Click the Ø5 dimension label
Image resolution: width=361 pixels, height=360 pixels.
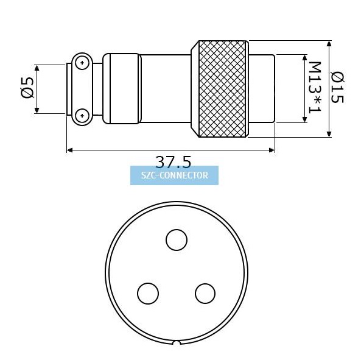click(x=27, y=88)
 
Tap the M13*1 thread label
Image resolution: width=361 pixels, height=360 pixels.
click(x=314, y=88)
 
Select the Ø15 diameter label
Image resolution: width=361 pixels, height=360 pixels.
click(x=337, y=87)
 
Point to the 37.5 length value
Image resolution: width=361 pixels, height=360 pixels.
click(x=173, y=161)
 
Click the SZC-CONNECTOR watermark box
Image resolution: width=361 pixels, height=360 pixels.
click(x=174, y=175)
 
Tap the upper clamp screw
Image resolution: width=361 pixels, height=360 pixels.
click(x=82, y=62)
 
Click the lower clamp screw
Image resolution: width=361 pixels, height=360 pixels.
click(x=82, y=115)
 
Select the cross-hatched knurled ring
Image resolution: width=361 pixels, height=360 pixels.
click(x=222, y=89)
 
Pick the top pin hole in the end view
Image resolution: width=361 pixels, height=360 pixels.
click(x=177, y=240)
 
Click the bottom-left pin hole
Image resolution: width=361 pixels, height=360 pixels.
click(x=148, y=294)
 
